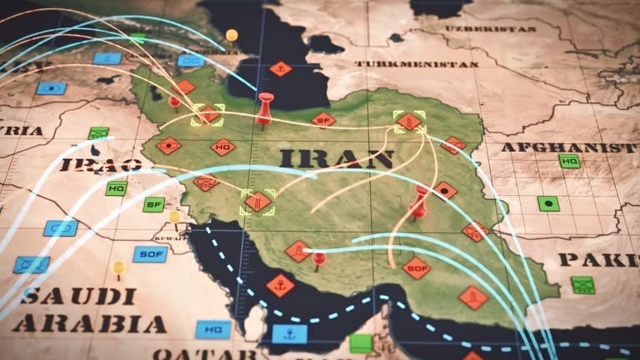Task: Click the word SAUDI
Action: [x=68, y=295]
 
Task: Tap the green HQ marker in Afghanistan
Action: [x=570, y=161]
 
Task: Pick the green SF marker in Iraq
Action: [x=153, y=204]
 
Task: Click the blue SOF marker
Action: [x=150, y=254]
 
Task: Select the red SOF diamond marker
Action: [x=416, y=267]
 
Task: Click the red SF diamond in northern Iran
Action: [x=323, y=120]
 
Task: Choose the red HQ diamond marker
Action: [x=222, y=147]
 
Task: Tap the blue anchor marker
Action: [x=289, y=334]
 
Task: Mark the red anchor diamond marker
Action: [x=280, y=286]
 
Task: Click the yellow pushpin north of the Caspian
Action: [x=232, y=36]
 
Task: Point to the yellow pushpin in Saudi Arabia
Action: [x=118, y=268]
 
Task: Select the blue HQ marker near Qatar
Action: [x=213, y=330]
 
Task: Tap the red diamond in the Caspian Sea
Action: [x=281, y=69]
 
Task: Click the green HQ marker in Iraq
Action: [x=117, y=188]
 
